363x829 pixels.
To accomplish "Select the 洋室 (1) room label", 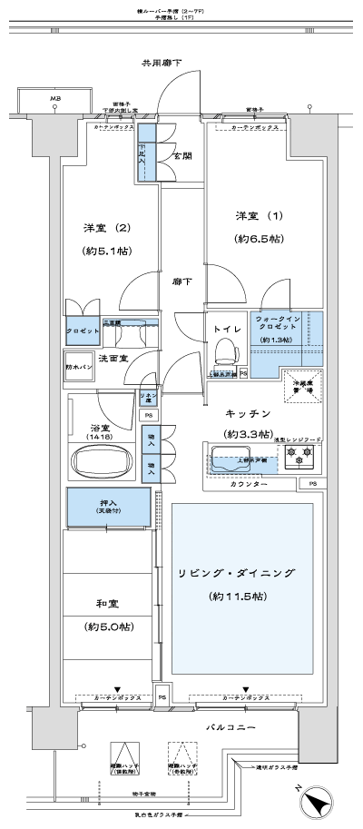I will [252, 216].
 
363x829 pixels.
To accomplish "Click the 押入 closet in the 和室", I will [106, 507].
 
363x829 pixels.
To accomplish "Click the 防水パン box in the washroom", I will [79, 366].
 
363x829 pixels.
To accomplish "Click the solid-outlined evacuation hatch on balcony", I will [126, 757].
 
